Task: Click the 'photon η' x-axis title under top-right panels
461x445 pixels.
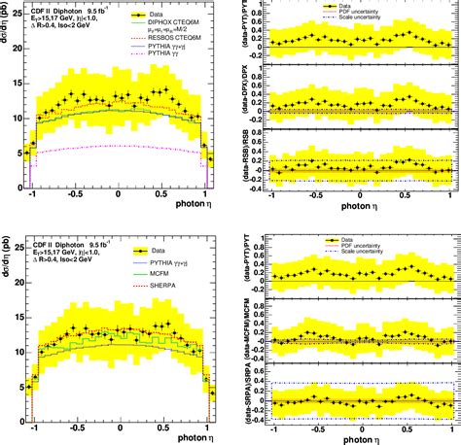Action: [x=366, y=207]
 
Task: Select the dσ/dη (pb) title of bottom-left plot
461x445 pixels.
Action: [x=7, y=258]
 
